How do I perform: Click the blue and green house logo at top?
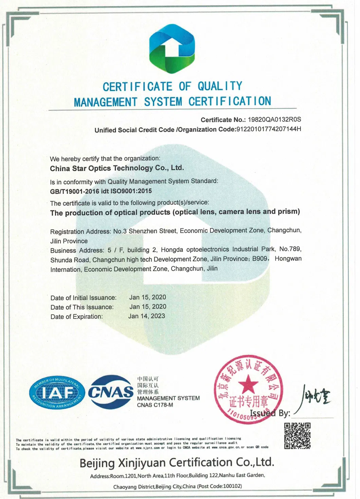(172, 49)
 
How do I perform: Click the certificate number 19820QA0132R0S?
(274, 120)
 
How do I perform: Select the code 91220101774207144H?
(269, 129)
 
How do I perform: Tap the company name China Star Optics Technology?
(117, 168)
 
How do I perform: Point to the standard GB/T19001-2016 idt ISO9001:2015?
(101, 191)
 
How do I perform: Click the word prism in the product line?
(288, 212)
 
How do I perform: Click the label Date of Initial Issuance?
(84, 298)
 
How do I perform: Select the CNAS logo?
(111, 392)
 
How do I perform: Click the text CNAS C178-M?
(155, 405)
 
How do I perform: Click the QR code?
(297, 436)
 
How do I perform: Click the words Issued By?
(270, 413)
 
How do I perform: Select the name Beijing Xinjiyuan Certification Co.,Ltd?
(177, 463)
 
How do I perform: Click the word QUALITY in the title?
(220, 86)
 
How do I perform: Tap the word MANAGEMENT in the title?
(106, 102)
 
